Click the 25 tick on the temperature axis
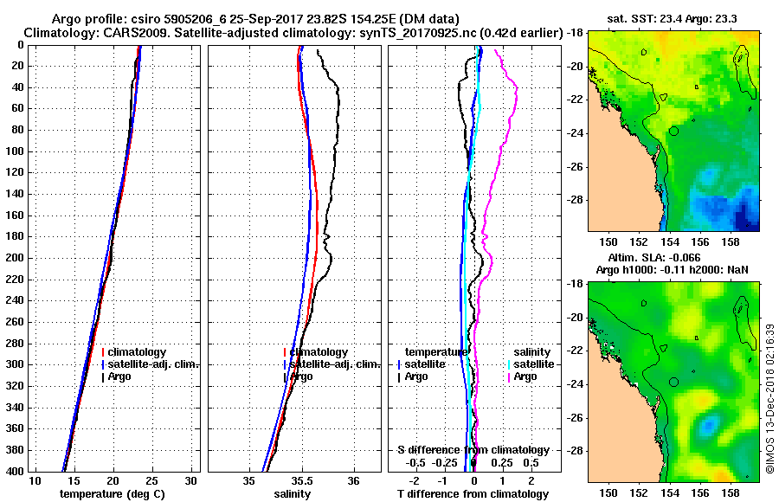coord(151,480)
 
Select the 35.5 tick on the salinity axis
coord(302,480)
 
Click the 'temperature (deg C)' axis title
coord(112,494)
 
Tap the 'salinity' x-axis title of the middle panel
coord(292,494)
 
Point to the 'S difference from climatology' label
coord(473,450)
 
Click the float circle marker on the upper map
coord(673,131)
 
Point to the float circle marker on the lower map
coord(673,382)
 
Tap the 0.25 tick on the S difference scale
coord(502,463)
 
